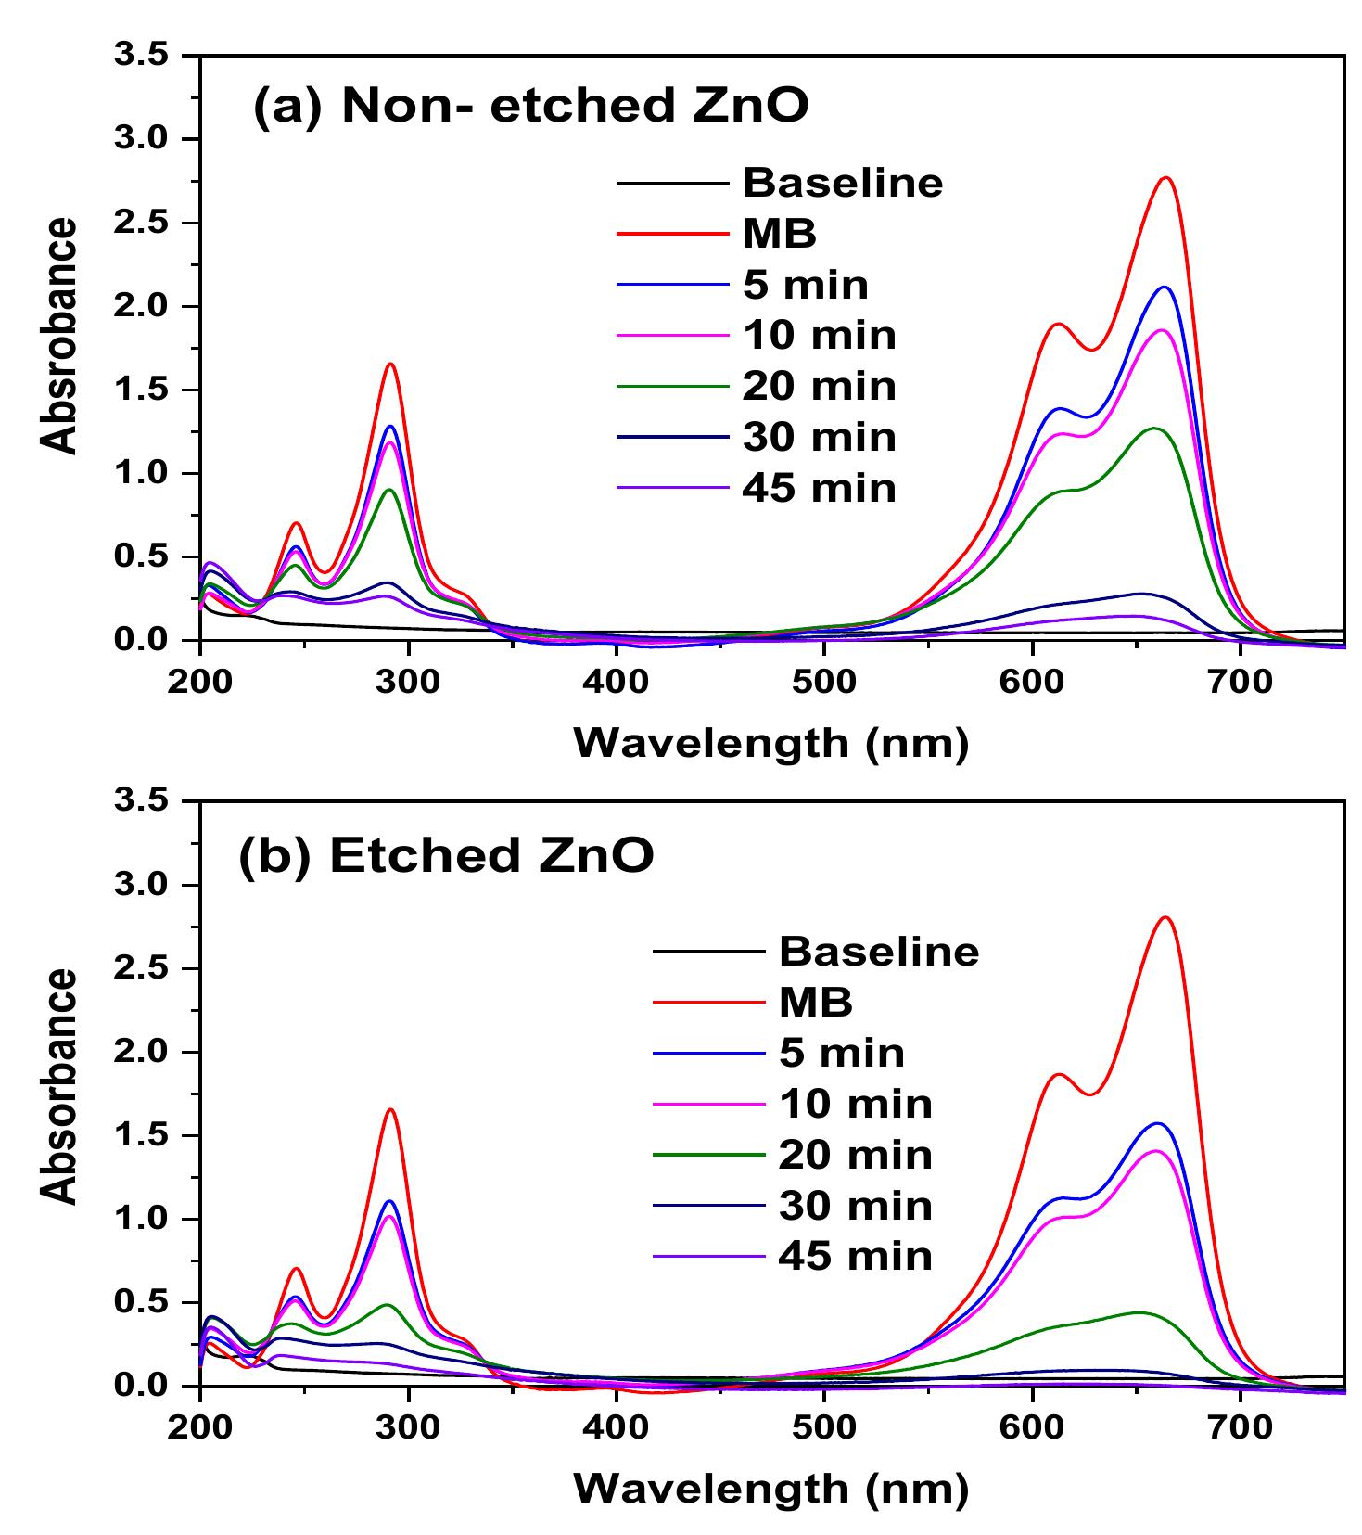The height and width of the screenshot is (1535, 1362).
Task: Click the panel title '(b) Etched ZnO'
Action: click(x=446, y=855)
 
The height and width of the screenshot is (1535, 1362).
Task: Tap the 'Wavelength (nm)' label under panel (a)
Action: click(x=771, y=744)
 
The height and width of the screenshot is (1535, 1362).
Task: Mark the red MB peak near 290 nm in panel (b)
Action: click(x=390, y=1109)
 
